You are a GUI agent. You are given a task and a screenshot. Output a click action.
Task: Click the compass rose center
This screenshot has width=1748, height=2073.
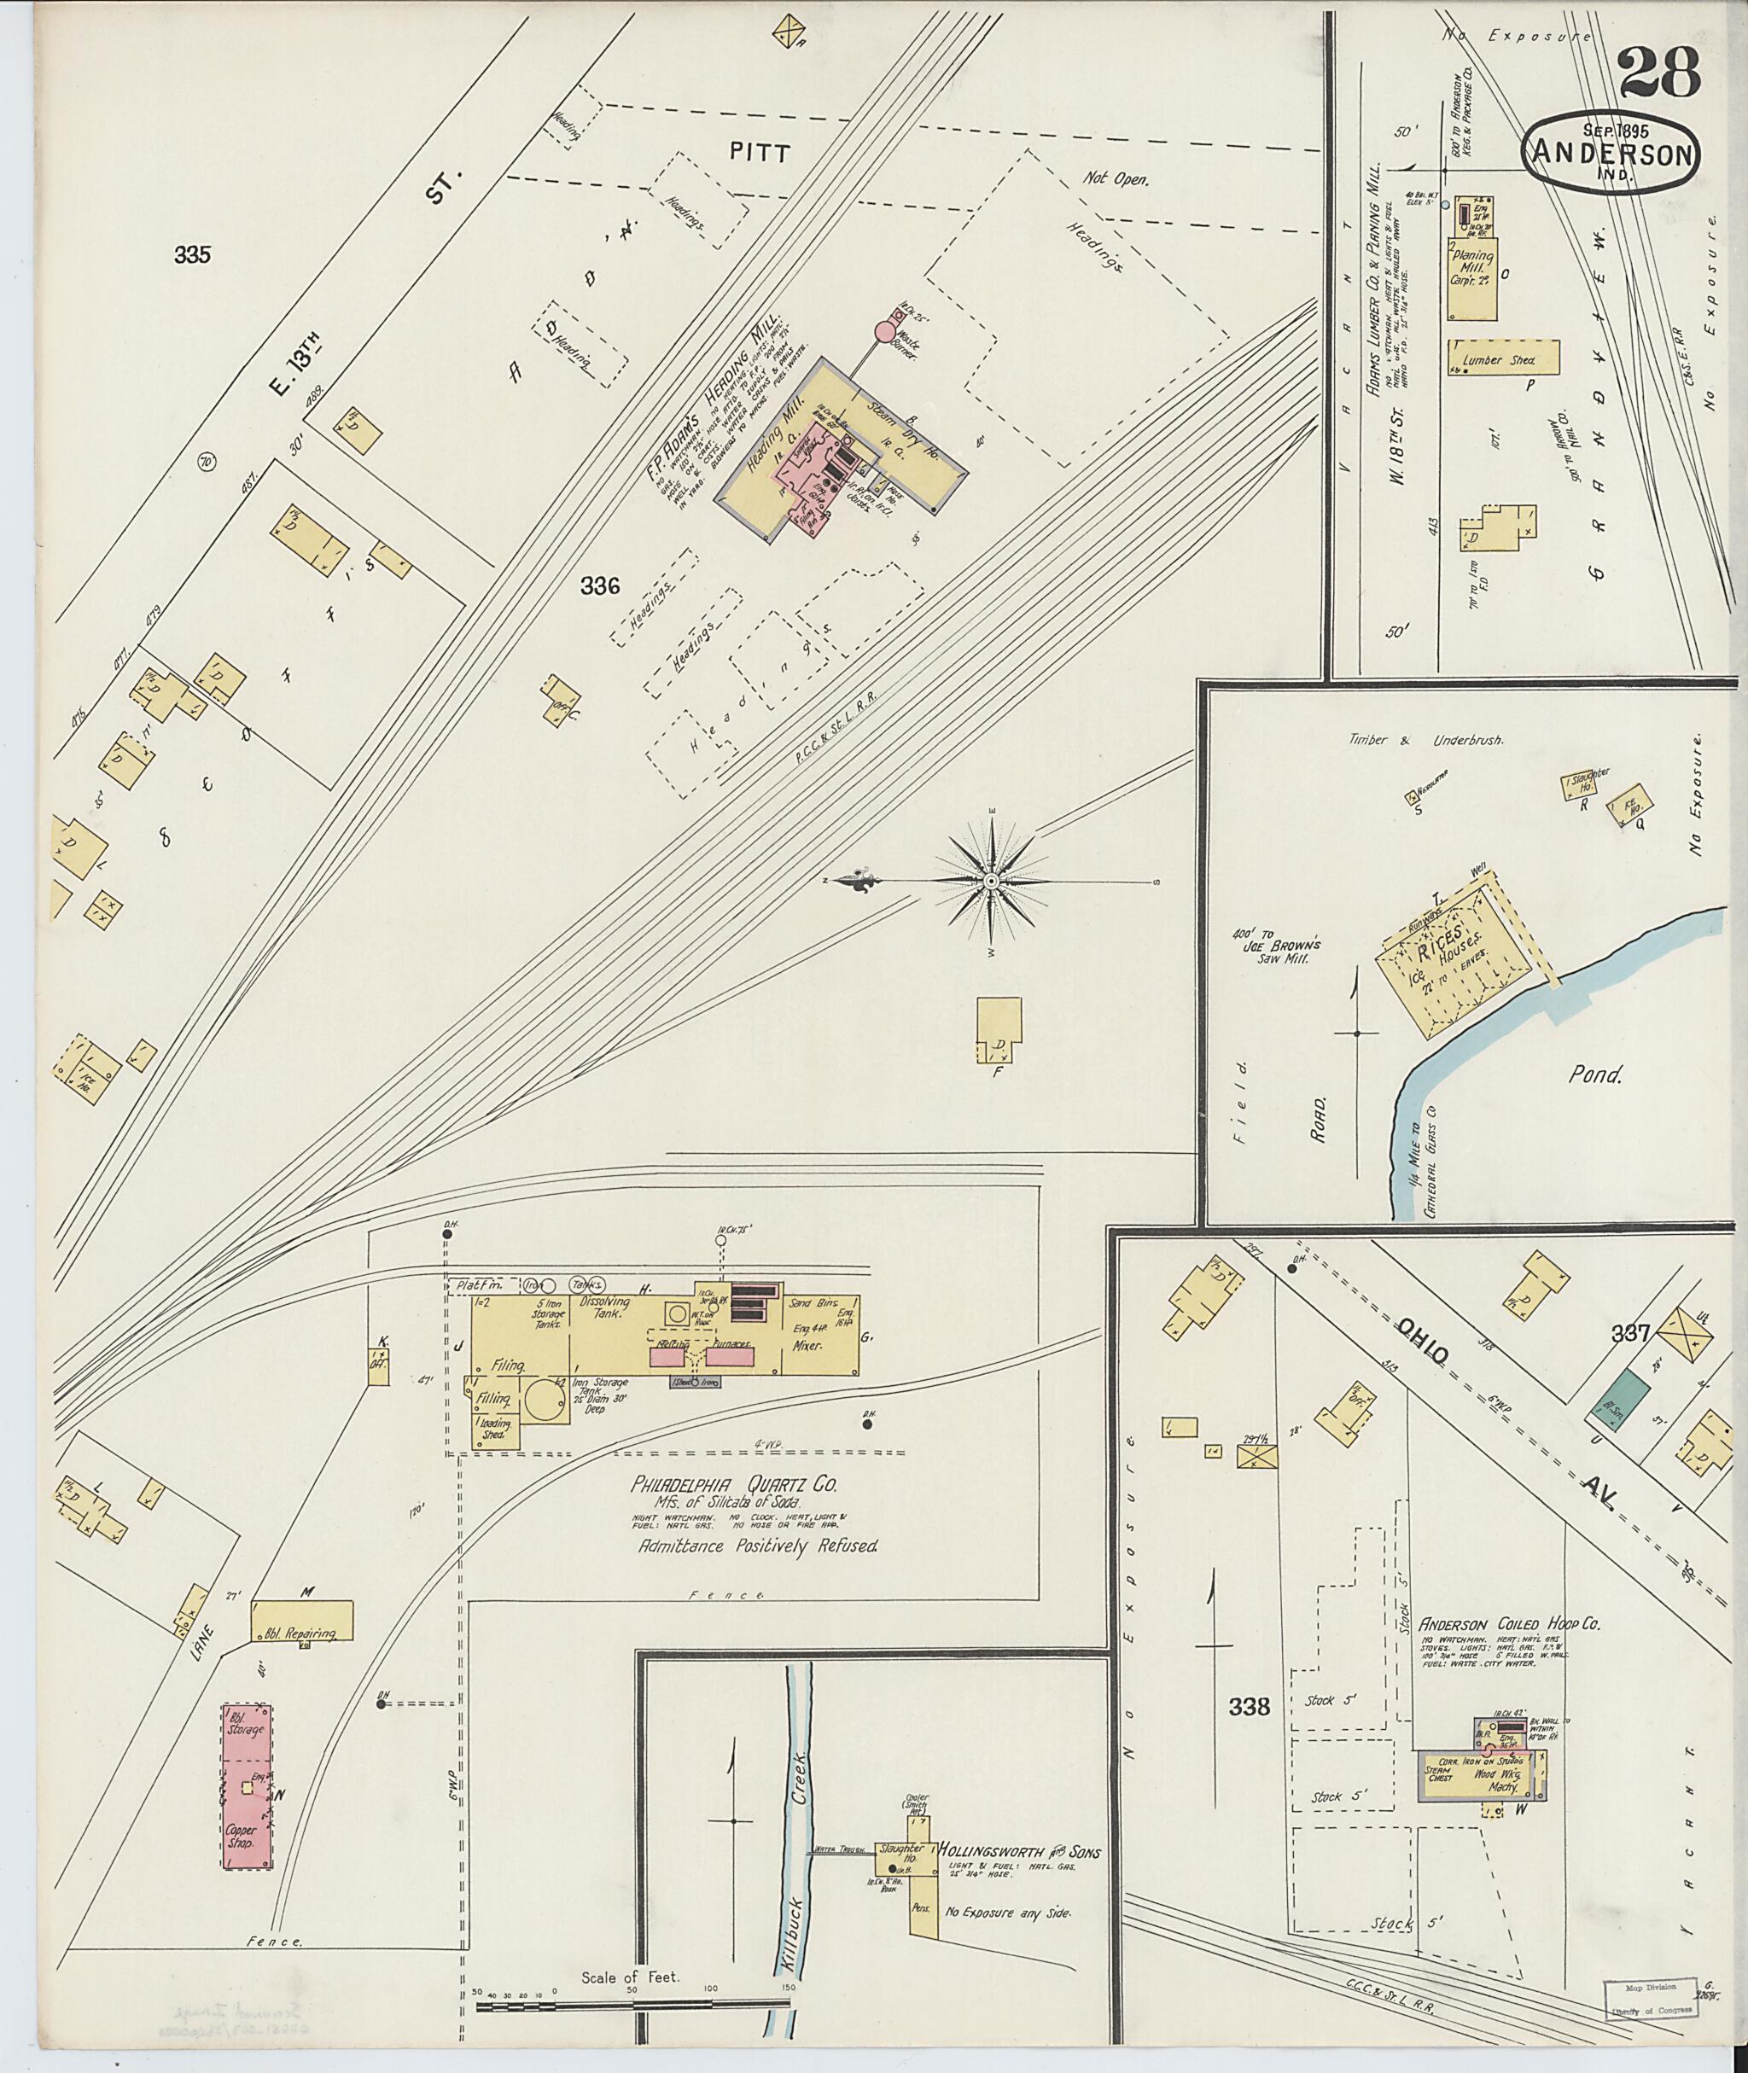990,881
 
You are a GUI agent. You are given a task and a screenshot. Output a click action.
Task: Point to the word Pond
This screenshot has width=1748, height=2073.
1594,1074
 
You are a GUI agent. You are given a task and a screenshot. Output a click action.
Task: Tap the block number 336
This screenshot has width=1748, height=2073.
601,586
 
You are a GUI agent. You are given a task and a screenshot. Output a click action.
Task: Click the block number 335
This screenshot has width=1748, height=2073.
192,254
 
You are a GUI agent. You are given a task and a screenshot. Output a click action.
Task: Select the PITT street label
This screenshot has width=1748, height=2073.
759,153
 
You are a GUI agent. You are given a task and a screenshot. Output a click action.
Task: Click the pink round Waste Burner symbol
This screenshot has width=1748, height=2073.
885,331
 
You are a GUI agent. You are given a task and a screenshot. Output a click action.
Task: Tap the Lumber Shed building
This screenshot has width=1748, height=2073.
1503,358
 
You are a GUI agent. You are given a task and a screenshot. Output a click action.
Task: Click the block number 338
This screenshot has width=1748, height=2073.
1250,1706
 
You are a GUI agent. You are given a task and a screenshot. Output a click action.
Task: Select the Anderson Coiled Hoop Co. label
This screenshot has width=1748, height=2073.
1509,1624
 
